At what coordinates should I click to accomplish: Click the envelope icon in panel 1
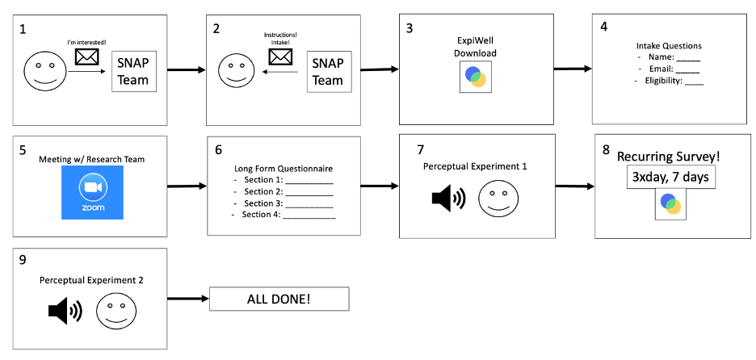pyautogui.click(x=86, y=57)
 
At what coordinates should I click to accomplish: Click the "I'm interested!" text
pyautogui.click(x=86, y=44)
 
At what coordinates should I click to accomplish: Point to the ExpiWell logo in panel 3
pyautogui.click(x=476, y=77)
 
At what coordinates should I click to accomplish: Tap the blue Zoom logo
pyautogui.click(x=92, y=192)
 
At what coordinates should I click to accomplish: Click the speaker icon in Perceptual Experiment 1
pyautogui.click(x=448, y=198)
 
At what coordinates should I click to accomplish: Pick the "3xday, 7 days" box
pyautogui.click(x=670, y=177)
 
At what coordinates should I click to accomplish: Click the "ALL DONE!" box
pyautogui.click(x=279, y=299)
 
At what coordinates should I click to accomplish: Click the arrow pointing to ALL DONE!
pyautogui.click(x=188, y=299)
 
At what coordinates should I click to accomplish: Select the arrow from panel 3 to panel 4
pyautogui.click(x=573, y=69)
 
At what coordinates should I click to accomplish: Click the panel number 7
pyautogui.click(x=421, y=149)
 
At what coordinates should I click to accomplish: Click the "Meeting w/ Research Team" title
pyautogui.click(x=91, y=159)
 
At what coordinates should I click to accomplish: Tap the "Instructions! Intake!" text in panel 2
pyautogui.click(x=280, y=39)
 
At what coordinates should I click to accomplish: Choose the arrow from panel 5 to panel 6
pyautogui.click(x=187, y=186)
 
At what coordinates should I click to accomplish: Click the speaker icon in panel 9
pyautogui.click(x=65, y=311)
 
